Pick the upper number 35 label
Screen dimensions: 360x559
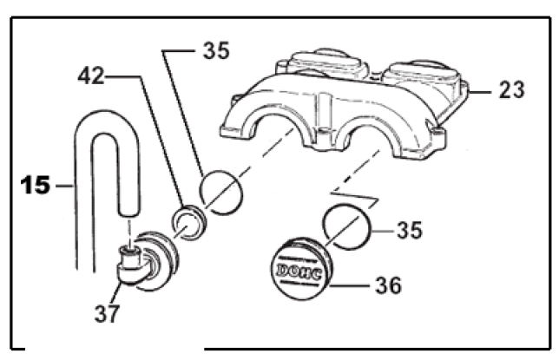217,50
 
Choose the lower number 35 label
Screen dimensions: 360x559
411,231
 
